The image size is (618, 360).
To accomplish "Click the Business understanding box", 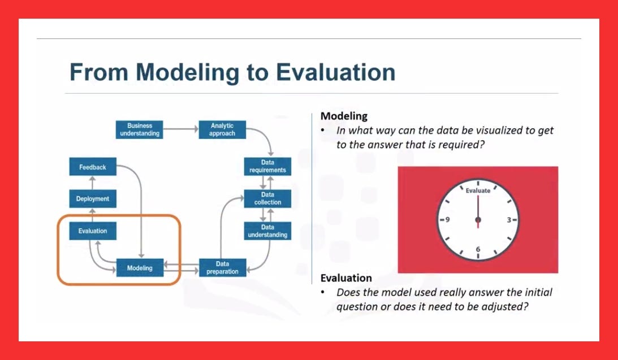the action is click(140, 129).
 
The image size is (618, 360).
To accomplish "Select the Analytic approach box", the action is click(222, 129).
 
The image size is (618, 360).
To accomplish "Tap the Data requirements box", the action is click(267, 166).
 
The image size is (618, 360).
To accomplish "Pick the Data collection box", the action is click(267, 198).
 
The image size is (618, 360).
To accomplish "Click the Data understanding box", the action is click(267, 231).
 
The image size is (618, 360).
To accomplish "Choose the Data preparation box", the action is click(222, 268).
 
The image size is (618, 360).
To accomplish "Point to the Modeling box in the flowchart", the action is click(140, 268).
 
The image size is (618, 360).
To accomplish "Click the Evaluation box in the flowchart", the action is click(93, 231).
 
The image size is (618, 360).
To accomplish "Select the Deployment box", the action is click(93, 198).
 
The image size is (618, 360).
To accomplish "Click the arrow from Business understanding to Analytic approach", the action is click(181, 129).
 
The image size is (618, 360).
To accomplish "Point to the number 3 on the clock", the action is click(509, 220).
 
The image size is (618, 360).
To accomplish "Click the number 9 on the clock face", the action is click(447, 220).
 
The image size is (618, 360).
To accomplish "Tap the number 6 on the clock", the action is click(478, 249).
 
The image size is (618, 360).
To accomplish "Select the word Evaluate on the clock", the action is click(478, 190).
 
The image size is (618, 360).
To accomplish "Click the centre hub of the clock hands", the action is click(478, 220).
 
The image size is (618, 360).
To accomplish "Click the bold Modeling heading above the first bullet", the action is click(344, 116).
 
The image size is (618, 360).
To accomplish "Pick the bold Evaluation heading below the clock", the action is click(346, 278).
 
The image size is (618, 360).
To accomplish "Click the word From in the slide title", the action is click(98, 72).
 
